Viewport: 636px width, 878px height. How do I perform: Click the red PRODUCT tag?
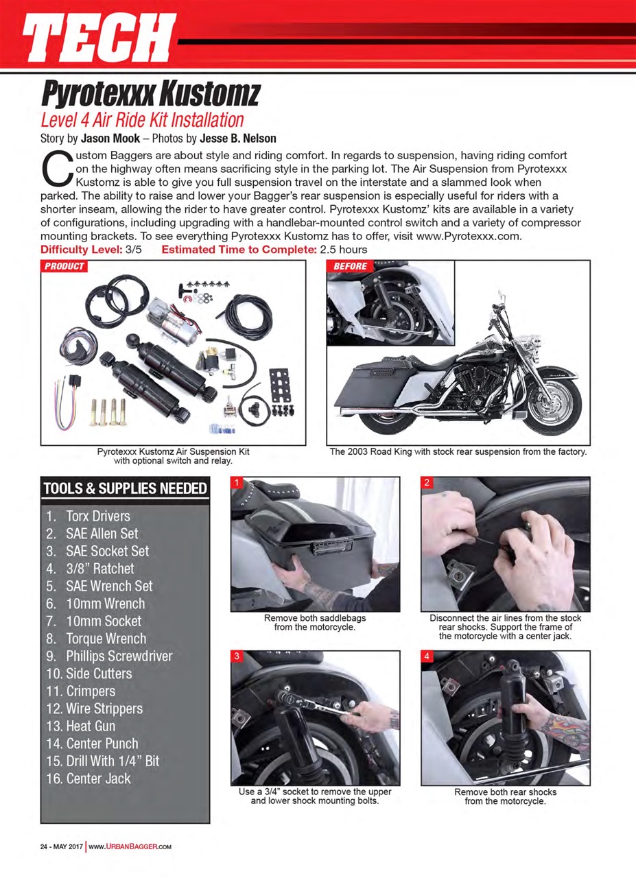(x=64, y=266)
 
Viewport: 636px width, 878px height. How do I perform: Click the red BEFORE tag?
(x=351, y=266)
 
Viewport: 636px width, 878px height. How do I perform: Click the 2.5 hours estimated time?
(x=343, y=249)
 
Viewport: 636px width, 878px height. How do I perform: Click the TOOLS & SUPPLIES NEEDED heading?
(x=125, y=488)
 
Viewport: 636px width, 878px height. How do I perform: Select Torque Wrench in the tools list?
(x=106, y=639)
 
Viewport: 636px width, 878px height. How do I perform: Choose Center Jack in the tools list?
(x=98, y=779)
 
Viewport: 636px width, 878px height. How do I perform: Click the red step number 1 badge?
(x=237, y=483)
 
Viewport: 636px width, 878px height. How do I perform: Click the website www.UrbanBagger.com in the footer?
(x=130, y=846)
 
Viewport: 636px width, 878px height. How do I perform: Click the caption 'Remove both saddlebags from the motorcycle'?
(x=314, y=622)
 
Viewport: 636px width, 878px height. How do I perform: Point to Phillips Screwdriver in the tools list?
(x=119, y=656)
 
